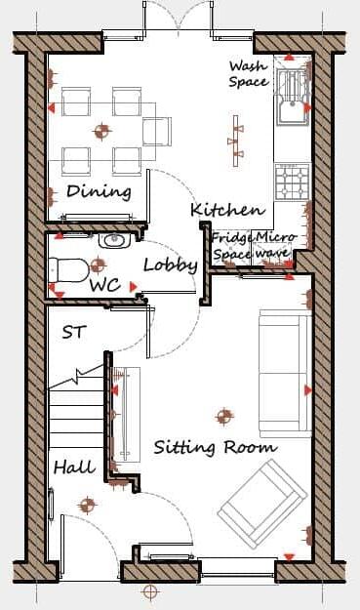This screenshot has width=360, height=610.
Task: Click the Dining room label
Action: click(99, 190)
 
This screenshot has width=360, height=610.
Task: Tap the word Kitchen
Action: click(226, 210)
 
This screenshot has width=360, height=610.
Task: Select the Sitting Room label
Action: click(215, 448)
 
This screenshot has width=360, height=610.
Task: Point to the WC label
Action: click(104, 286)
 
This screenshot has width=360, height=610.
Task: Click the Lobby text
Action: click(170, 264)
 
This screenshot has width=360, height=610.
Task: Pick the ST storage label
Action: click(73, 332)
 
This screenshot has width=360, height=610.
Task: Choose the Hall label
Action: click(74, 468)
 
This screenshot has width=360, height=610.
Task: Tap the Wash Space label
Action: click(248, 74)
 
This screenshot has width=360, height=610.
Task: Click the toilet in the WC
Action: click(67, 267)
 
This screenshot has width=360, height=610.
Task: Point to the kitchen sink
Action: click(293, 99)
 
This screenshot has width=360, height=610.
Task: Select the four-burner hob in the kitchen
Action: click(293, 182)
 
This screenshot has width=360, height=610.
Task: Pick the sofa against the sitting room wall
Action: click(284, 373)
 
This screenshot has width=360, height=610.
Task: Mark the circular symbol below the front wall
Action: click(150, 591)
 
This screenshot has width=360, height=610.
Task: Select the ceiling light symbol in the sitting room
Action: click(225, 417)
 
